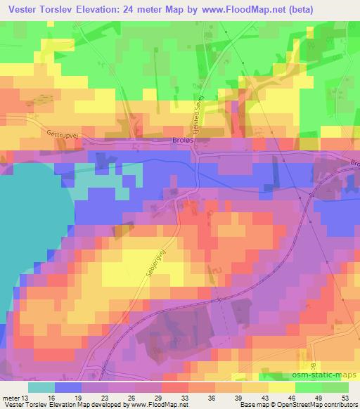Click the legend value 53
point(345,398)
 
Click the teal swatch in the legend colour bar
point(41,387)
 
